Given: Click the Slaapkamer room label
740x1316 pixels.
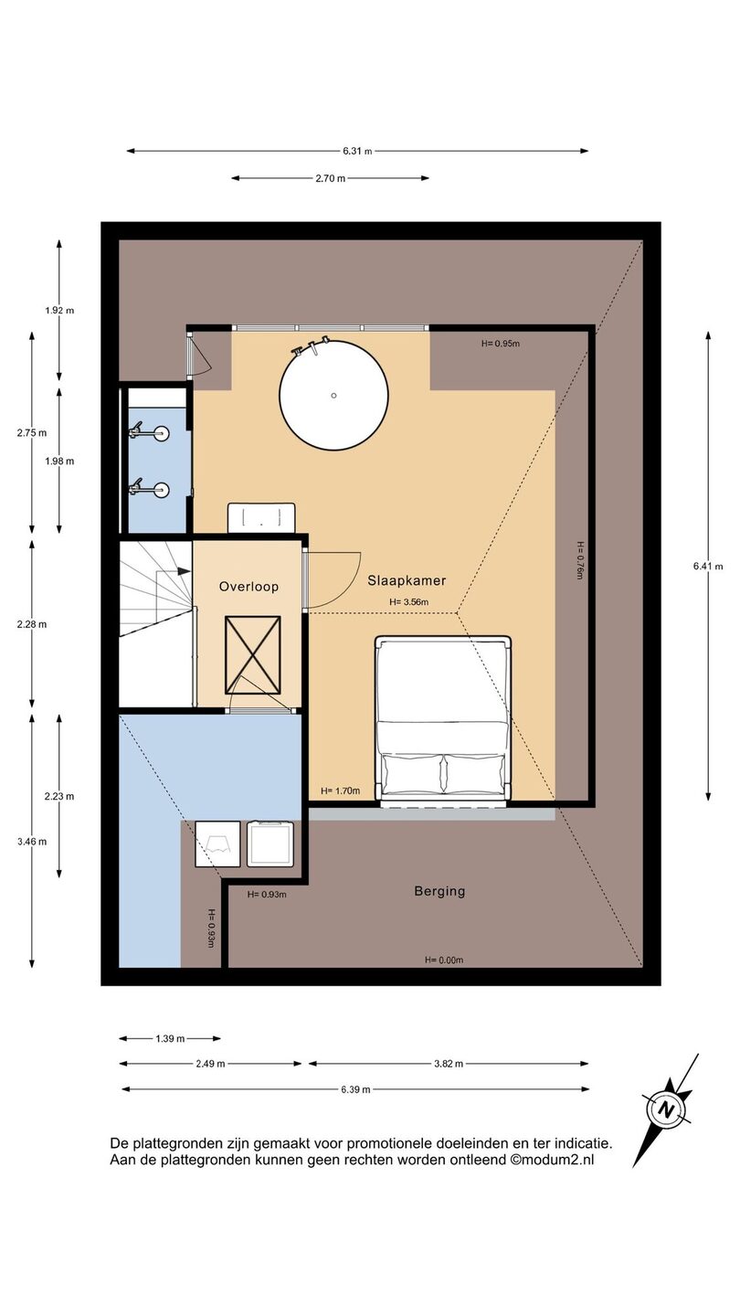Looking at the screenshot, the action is coord(407,580).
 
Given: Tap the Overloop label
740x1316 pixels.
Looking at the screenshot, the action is coord(248,587).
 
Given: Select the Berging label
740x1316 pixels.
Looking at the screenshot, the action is coord(439,891).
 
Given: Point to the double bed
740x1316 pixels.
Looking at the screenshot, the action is coord(443,721).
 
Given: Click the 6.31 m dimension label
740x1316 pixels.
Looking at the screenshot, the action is coord(358,151).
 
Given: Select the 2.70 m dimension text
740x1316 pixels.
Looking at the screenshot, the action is coord(330,178).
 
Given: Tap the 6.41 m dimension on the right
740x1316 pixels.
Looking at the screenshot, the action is coord(708,567).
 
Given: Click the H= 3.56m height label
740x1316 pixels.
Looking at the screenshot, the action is coord(408,601).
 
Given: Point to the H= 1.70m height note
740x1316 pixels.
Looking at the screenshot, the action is coord(340,791).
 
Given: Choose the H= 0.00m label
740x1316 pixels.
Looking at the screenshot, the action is coord(444,960).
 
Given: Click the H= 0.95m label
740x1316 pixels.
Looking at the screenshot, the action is coord(501,344).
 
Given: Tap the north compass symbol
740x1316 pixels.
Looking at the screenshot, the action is coord(666,1110).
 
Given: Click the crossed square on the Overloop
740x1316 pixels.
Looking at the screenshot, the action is coord(252,655).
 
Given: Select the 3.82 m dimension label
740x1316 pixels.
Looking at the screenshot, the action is coord(449,1064).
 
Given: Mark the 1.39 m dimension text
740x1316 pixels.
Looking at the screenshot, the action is coord(170,1039).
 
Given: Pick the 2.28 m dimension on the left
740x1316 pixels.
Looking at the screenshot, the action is coord(32,624).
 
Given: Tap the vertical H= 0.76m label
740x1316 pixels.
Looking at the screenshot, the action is coord(579,560).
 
